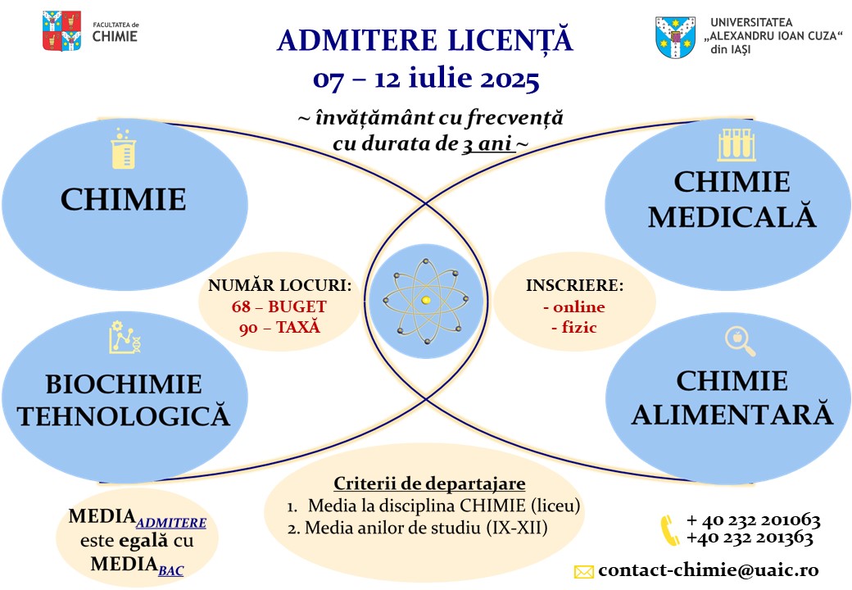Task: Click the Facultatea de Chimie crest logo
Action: coord(61,31)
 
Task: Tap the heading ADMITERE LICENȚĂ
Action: coord(425,40)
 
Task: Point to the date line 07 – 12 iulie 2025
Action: coord(426,80)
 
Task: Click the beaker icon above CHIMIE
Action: coord(122,149)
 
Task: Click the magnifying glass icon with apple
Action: coord(740,341)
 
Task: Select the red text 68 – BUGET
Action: coord(279,307)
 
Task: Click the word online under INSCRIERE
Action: coord(573,307)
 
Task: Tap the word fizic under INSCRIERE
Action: coord(573,328)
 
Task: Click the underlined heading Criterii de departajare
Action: coord(429,483)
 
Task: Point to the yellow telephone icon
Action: coord(669,529)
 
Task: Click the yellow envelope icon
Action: coord(583,572)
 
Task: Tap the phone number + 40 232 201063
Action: coord(753,520)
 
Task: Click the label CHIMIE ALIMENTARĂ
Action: coord(732,398)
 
